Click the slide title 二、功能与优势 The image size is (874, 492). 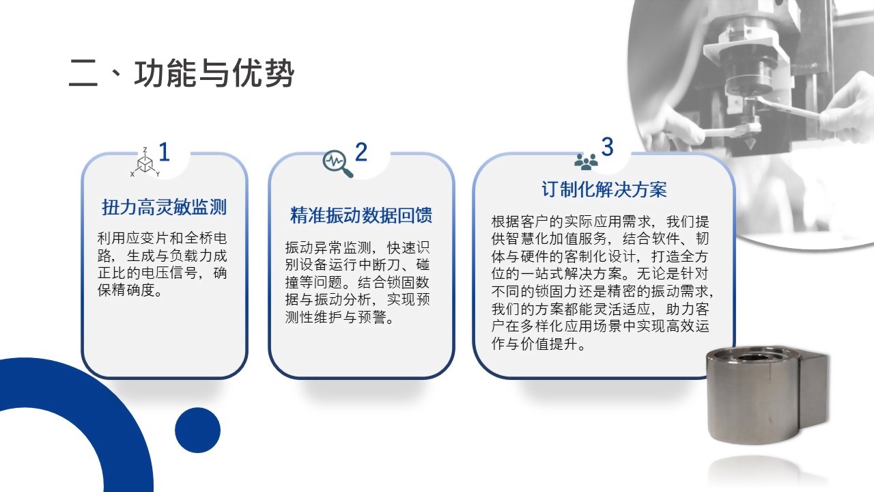click(181, 73)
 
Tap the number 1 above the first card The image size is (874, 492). click(165, 152)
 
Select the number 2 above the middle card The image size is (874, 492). click(361, 152)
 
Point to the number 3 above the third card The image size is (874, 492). click(607, 147)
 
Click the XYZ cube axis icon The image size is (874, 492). click(145, 163)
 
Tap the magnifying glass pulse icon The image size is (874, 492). click(337, 163)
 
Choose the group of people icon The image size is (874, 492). click(586, 162)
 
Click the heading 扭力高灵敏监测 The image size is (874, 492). click(165, 207)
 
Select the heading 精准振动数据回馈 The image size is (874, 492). click(361, 215)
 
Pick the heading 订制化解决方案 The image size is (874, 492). click(604, 190)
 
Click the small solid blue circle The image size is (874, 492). click(197, 430)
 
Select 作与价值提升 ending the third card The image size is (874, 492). click(535, 344)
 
